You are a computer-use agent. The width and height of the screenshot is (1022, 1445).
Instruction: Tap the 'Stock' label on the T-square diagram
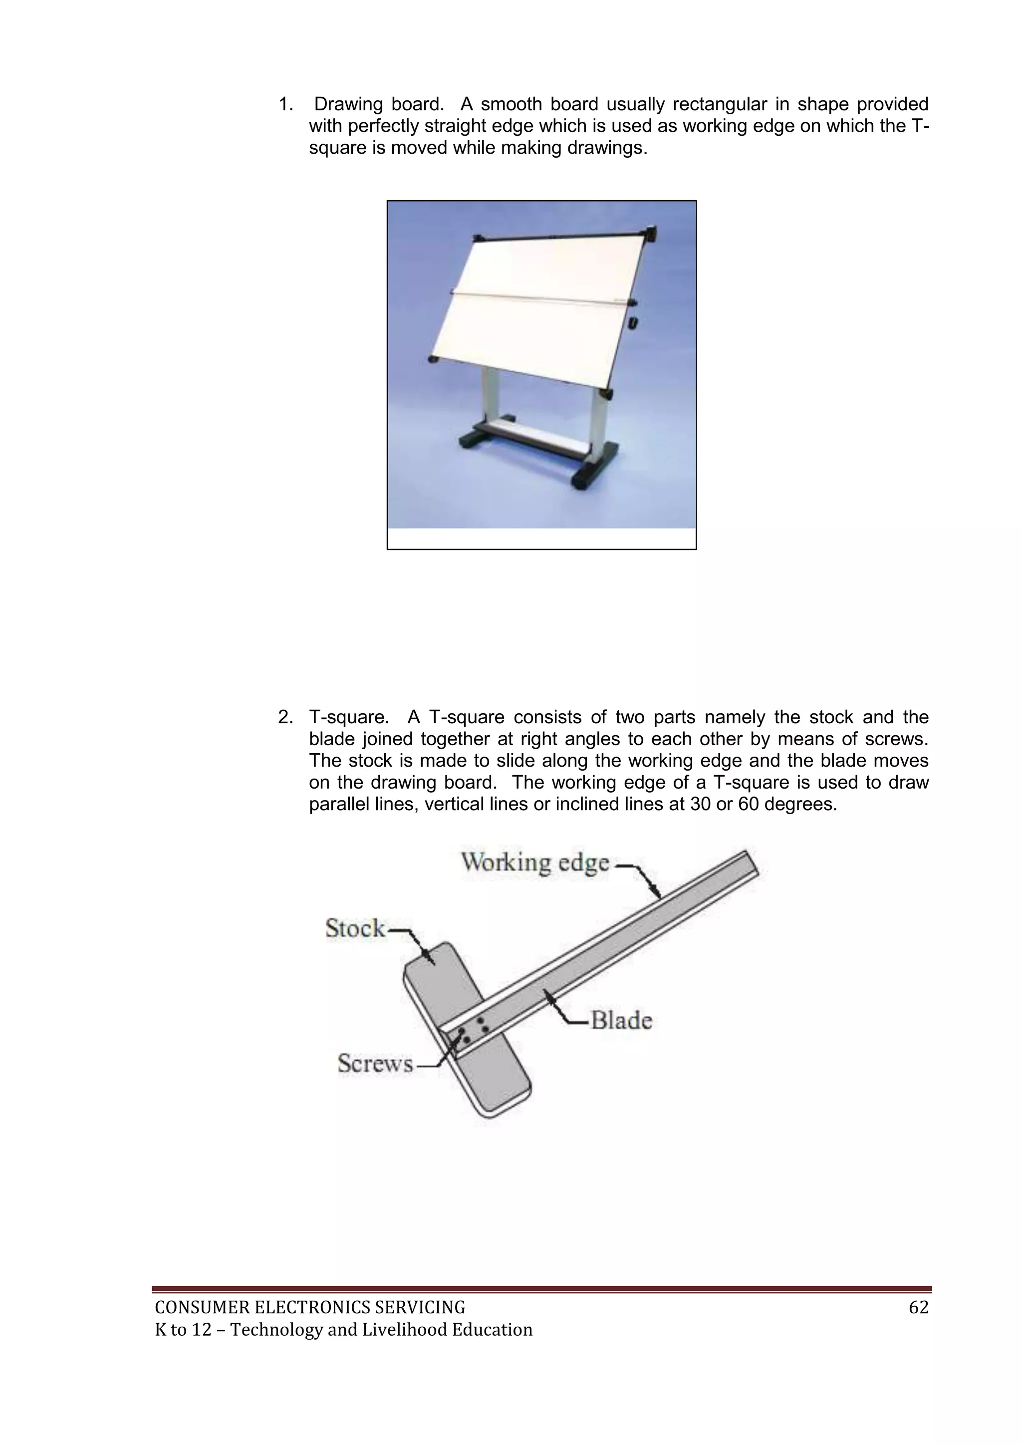[355, 928]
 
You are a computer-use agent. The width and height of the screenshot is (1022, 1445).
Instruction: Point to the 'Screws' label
[375, 1064]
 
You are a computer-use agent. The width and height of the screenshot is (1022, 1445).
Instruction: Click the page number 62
[919, 1308]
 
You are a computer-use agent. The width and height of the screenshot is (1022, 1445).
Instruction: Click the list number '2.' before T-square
[286, 717]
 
